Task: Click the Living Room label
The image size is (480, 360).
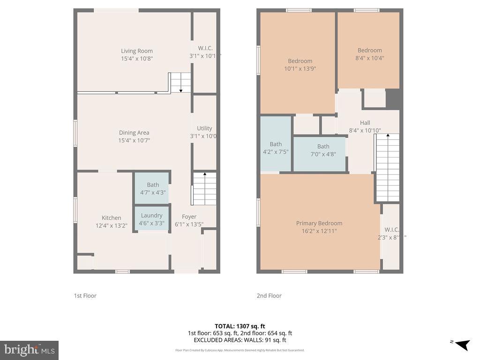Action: (x=137, y=51)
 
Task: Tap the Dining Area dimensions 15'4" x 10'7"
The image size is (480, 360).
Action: (x=134, y=140)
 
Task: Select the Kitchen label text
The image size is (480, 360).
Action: (x=112, y=217)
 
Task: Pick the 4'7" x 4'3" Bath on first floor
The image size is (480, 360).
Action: (x=153, y=188)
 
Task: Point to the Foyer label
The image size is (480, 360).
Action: (x=189, y=217)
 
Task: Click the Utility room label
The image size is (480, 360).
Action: (x=204, y=128)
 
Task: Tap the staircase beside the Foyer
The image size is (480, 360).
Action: (x=205, y=188)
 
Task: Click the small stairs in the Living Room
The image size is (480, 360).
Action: (x=180, y=82)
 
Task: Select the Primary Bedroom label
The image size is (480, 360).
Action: (x=319, y=223)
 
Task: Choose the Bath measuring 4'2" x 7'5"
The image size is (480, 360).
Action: (x=276, y=148)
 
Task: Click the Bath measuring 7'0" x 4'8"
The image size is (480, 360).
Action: (x=323, y=150)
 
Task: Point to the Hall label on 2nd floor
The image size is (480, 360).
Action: (x=365, y=123)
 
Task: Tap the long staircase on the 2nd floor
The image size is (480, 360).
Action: (x=388, y=167)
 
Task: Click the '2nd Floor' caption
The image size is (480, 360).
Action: (x=269, y=296)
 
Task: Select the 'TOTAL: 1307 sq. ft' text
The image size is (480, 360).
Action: (x=240, y=326)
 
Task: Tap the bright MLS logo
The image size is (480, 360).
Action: (x=29, y=350)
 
